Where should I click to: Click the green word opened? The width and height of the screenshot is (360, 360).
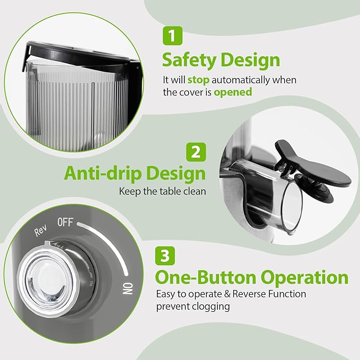[233, 92]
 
